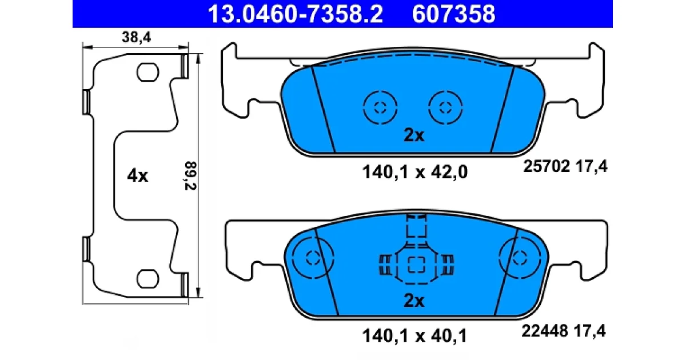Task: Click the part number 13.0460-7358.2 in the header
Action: [295, 14]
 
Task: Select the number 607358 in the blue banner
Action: [453, 14]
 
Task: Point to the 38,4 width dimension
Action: [136, 37]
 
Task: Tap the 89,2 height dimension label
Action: [190, 175]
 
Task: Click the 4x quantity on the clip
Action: [138, 176]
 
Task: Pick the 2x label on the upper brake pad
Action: [414, 135]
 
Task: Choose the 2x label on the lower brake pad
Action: [414, 301]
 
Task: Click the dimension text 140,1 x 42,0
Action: [415, 172]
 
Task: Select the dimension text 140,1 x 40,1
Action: [414, 336]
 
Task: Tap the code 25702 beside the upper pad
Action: [547, 166]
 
